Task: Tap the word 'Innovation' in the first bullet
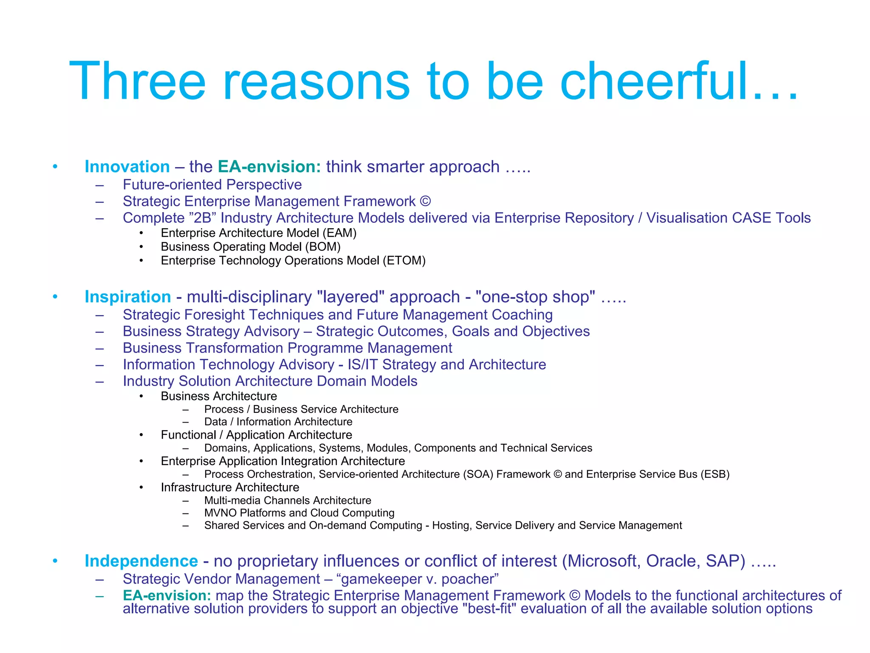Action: click(127, 167)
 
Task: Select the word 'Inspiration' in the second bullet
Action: click(127, 297)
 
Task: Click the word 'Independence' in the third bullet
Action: click(141, 561)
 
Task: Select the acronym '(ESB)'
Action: click(715, 474)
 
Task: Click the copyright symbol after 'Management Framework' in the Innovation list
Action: click(425, 201)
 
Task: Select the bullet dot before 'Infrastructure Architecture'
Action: click(141, 487)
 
